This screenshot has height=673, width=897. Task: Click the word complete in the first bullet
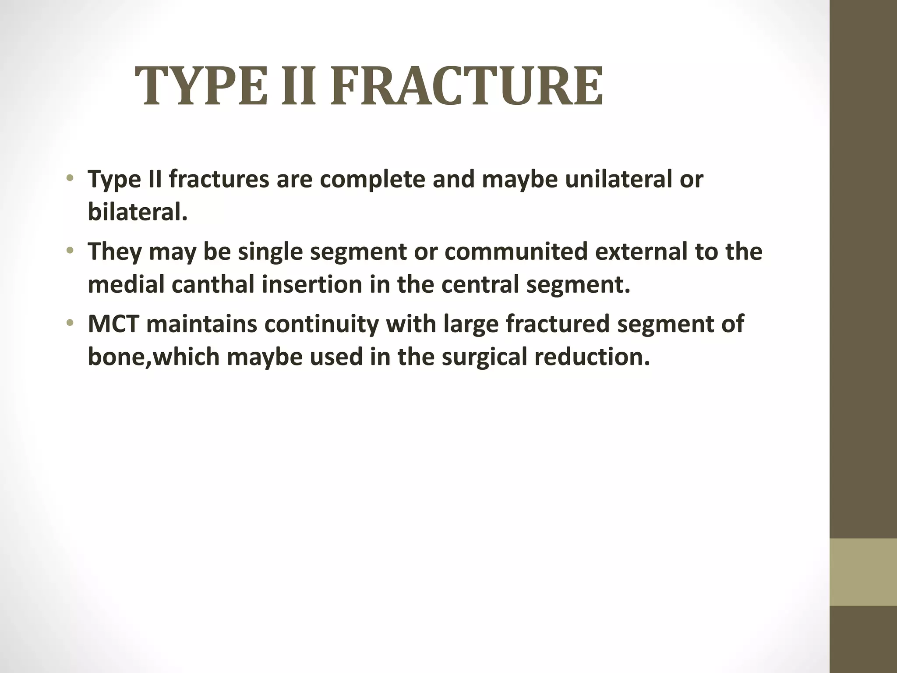372,180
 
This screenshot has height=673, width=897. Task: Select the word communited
516,251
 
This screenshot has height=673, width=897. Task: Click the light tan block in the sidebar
863,572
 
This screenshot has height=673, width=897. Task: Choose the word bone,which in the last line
153,357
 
